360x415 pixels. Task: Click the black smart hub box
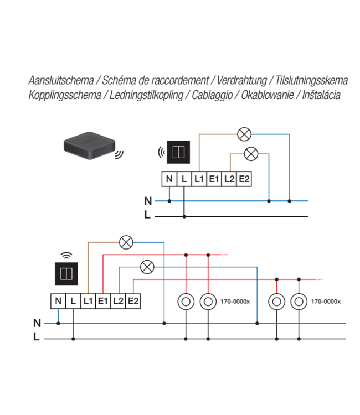(87, 146)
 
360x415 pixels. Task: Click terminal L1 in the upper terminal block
(199, 179)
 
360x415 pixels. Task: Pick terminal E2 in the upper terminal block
(244, 179)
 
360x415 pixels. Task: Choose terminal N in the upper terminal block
(169, 179)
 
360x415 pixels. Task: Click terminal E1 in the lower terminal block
(102, 301)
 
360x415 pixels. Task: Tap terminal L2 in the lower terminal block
(117, 301)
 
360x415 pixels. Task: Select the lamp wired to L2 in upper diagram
(251, 153)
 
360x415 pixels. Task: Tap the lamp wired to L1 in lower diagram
(127, 241)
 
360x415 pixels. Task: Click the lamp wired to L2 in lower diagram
(147, 267)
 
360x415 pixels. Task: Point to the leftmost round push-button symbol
(186, 302)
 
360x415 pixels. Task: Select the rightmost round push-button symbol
(299, 302)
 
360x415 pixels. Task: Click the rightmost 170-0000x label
(326, 302)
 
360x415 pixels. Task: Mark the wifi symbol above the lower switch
(66, 255)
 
